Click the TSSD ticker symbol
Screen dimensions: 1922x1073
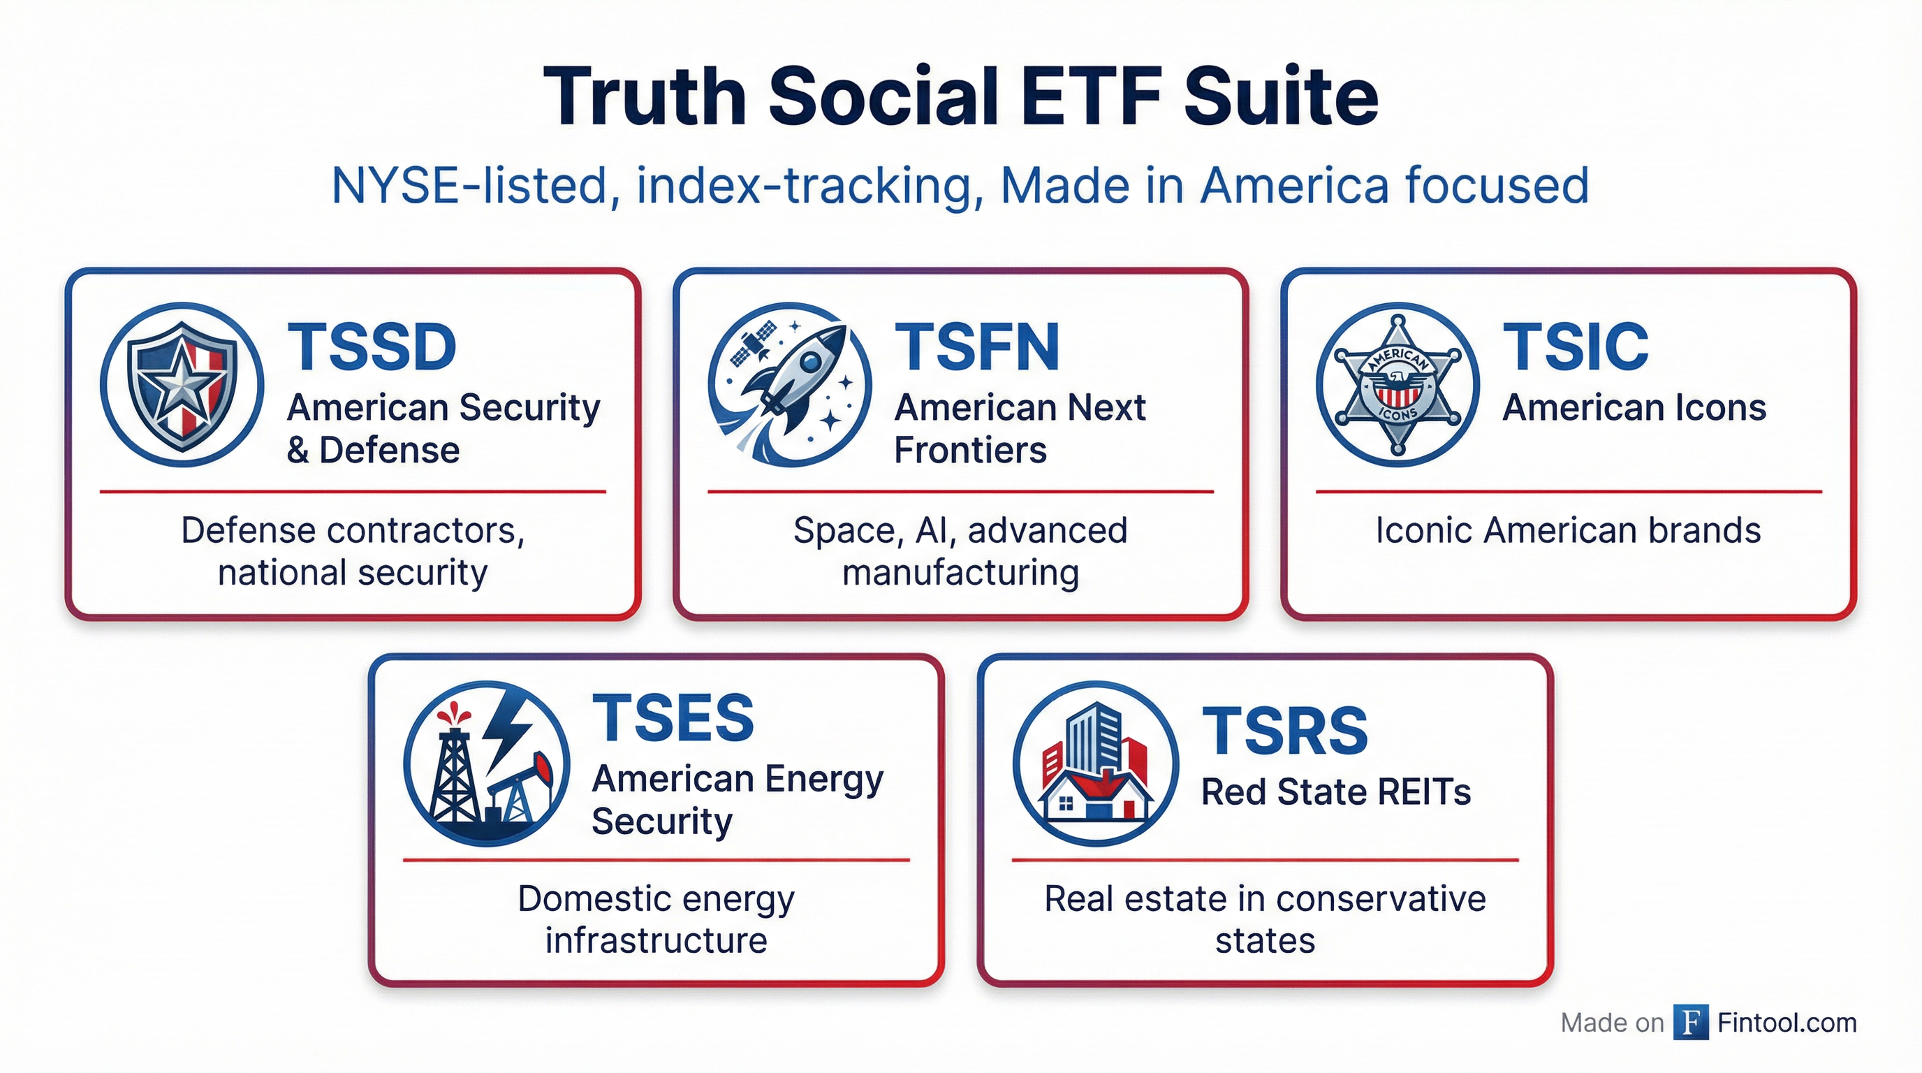[372, 347]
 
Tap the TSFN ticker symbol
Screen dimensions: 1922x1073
[976, 347]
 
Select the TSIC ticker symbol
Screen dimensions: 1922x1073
[1575, 347]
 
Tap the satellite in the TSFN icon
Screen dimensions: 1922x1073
[751, 344]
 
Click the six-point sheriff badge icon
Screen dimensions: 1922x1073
[1398, 385]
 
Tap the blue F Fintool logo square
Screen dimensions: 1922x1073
[1691, 1022]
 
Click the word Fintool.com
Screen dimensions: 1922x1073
[1787, 1022]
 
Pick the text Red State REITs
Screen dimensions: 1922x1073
[1336, 791]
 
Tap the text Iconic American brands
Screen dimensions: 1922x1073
[1569, 530]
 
